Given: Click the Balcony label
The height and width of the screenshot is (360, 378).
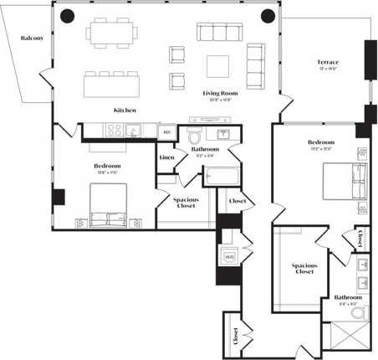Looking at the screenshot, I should pos(33,38).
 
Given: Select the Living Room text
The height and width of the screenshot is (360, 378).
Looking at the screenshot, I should pos(217,94).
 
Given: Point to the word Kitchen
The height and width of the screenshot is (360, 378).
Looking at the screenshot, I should pos(125,110).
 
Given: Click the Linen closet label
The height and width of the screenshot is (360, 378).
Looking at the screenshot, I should pos(166,156).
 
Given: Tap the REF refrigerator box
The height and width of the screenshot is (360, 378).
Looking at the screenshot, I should pos(166,131).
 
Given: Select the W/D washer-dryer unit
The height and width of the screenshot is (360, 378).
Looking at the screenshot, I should pos(227,256).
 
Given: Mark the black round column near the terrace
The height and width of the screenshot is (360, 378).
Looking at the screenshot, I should pos(268,15).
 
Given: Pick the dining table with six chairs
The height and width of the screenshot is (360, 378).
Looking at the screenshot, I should pos(111,33).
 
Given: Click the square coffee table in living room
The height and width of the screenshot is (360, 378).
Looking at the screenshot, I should pos(218,65).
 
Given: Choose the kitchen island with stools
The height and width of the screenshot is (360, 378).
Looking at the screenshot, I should pos(110,84).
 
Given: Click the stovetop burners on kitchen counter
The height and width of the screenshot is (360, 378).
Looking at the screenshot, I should pos(114,131).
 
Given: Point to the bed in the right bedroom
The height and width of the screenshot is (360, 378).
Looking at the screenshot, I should pos(345,185).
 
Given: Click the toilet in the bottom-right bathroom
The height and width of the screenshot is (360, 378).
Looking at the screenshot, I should pos(359,314).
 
